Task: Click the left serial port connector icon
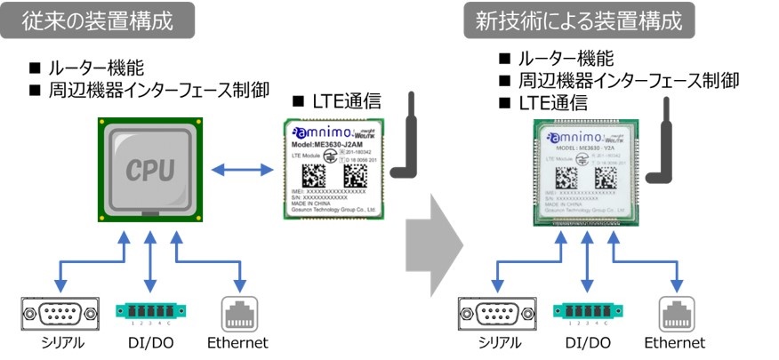(x=57, y=313)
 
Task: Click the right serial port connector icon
(x=494, y=313)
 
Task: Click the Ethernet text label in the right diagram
(x=674, y=343)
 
